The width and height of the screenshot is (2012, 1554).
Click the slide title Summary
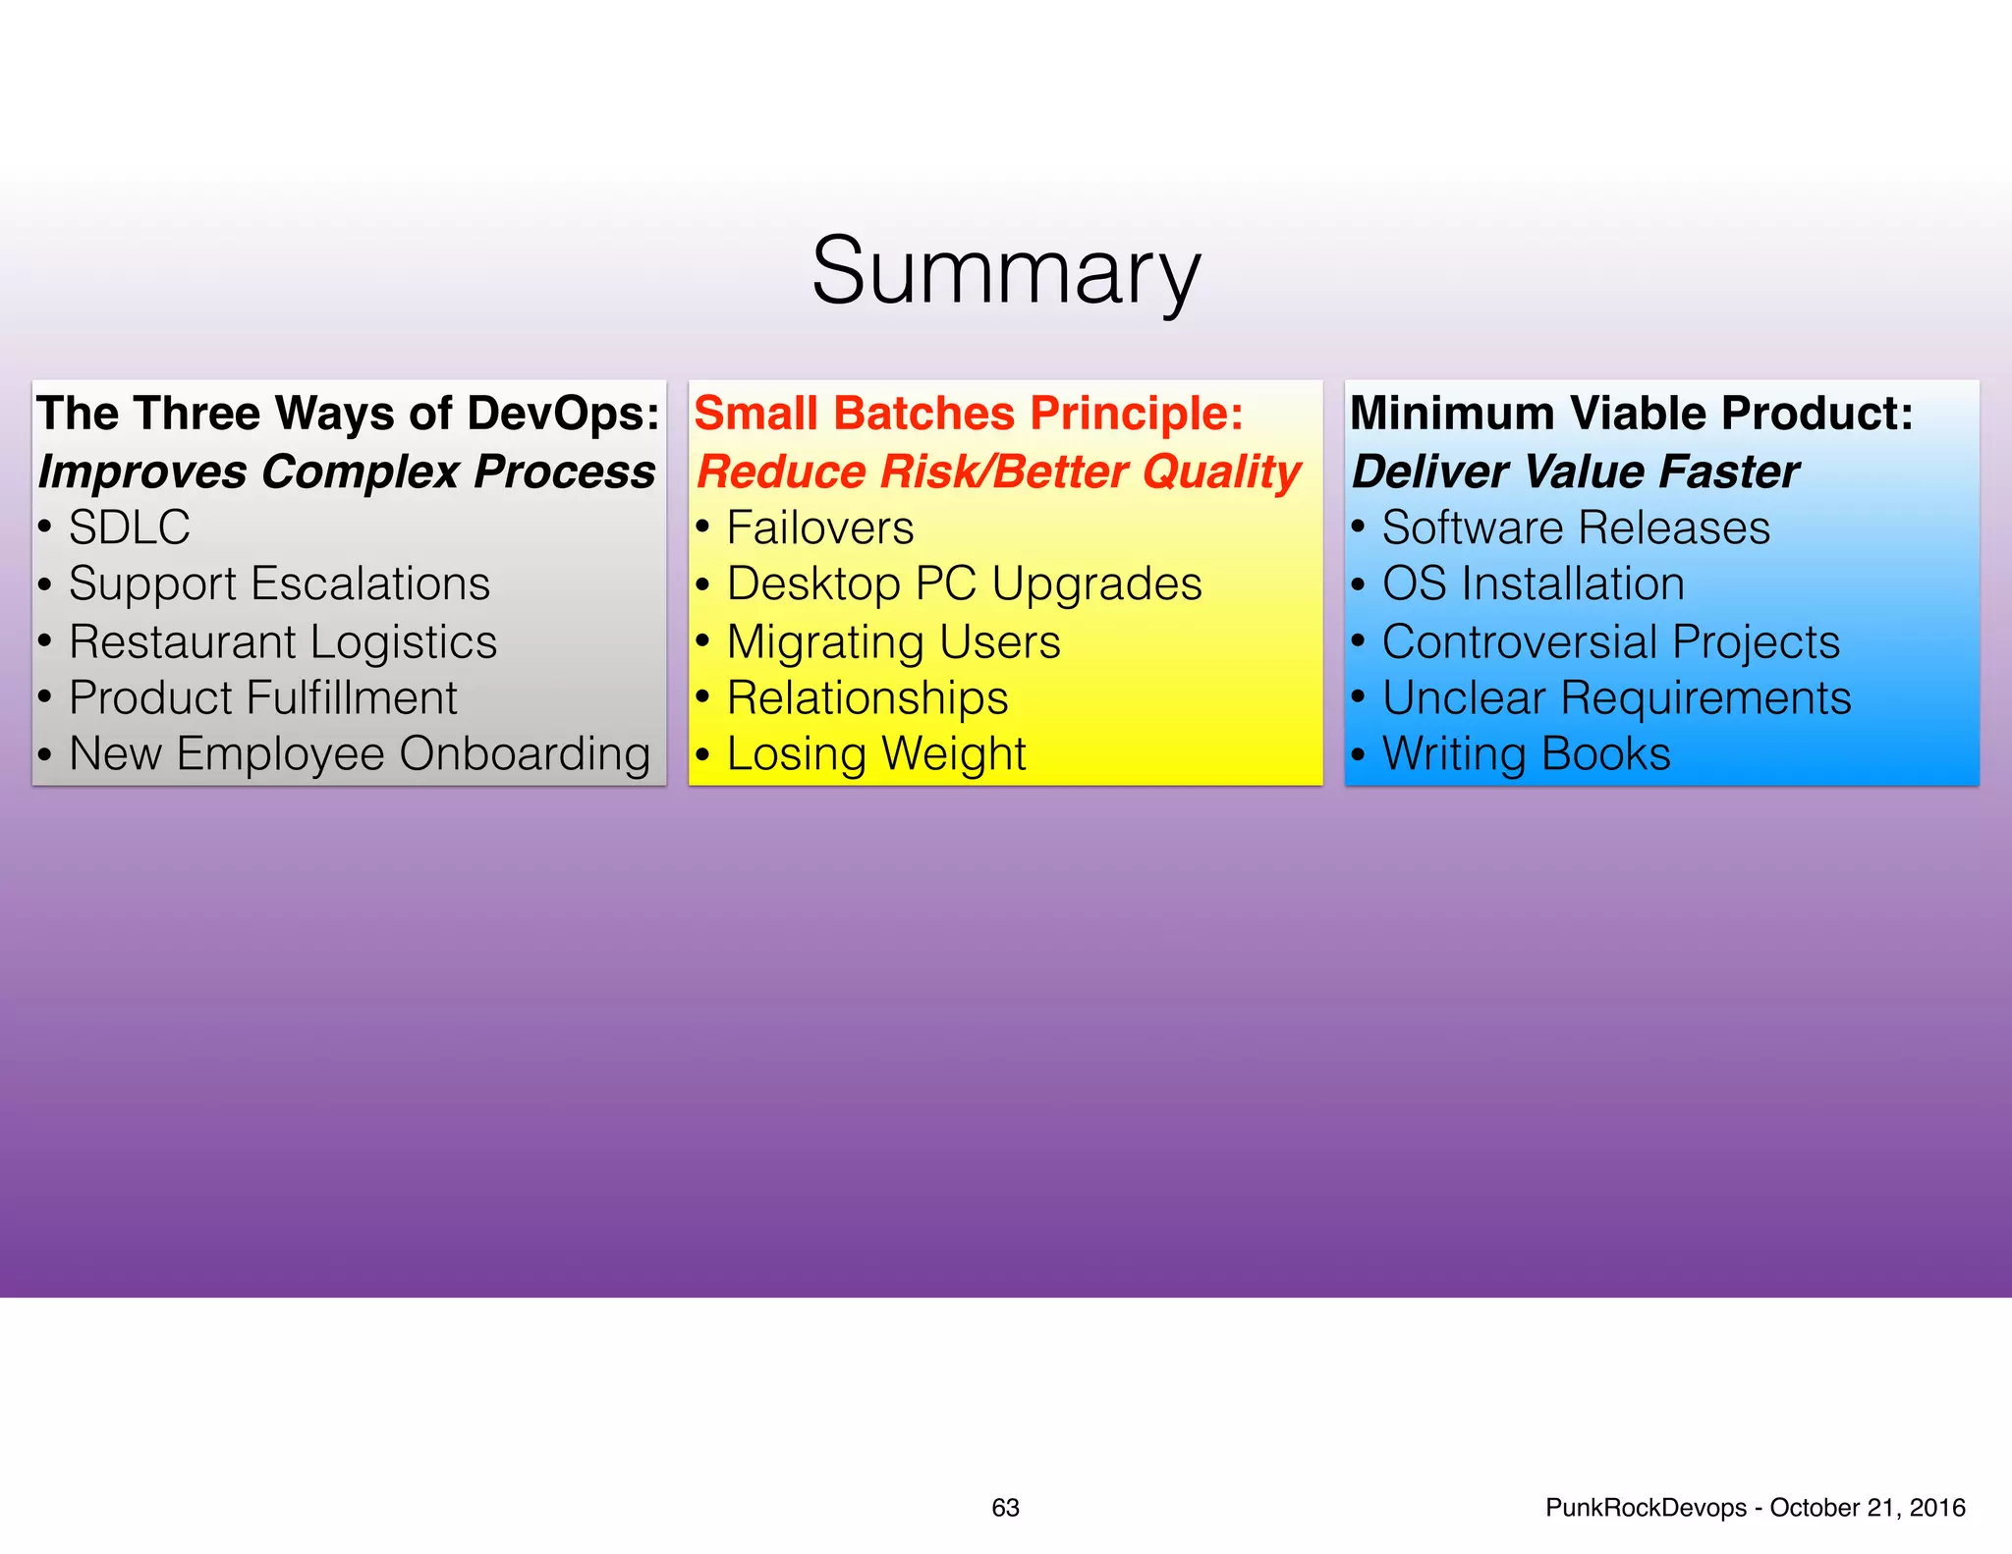(1006, 271)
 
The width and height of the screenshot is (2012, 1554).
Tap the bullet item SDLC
(129, 527)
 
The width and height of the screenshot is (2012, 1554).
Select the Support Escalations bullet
(279, 584)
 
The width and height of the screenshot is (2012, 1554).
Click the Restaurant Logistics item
(283, 642)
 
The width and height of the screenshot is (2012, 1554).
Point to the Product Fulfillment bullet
(262, 698)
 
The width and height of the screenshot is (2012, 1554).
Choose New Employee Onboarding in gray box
(360, 754)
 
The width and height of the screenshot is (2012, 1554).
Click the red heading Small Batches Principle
(968, 414)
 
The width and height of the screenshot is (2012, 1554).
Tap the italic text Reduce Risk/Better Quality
(998, 472)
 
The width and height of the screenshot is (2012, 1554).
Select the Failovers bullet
(820, 527)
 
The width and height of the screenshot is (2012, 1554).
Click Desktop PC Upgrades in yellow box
(964, 584)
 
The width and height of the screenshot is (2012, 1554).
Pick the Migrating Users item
(893, 642)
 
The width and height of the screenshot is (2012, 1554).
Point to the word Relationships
(867, 698)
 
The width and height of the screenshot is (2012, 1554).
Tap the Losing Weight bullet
(876, 754)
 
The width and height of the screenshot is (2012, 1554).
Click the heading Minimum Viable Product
(1631, 414)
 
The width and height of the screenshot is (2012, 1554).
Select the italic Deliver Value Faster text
(1575, 472)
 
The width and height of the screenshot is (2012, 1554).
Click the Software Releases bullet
(1576, 527)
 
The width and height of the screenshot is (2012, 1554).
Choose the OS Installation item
(1533, 584)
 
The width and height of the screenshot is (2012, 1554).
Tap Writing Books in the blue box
(1526, 754)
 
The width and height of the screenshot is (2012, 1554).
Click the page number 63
(1005, 1508)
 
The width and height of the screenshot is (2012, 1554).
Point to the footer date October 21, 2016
(1867, 1508)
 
